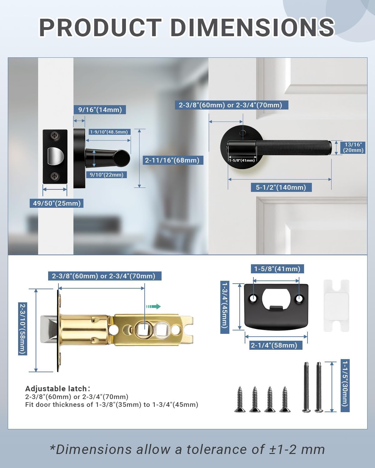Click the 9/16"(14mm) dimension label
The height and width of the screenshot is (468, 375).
pos(100,110)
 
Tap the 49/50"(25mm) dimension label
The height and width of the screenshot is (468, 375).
pos(57,203)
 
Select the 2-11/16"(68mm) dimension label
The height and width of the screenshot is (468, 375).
pos(172,160)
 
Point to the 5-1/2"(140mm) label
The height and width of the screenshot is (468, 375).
pos(281,188)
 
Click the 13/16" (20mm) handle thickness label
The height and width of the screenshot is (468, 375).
pos(353,147)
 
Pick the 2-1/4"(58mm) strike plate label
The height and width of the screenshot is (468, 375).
pos(274,345)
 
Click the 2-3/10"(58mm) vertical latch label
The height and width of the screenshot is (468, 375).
pos(22,329)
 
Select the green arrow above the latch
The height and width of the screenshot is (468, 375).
pos(153,307)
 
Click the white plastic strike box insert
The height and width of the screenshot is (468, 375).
pos(336,306)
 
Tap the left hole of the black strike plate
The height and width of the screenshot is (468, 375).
pos(253,299)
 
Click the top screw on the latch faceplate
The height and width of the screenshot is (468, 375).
pos(55,135)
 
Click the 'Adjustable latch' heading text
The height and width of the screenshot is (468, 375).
pos(56,389)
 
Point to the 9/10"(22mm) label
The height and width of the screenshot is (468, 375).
pos(107,175)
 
